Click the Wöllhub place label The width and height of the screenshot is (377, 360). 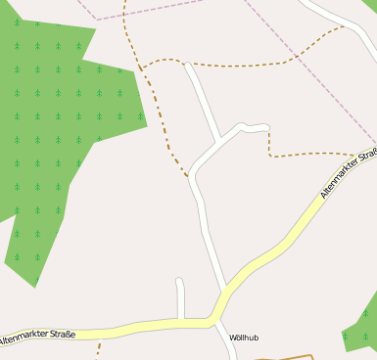243,337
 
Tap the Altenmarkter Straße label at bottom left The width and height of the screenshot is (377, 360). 37,337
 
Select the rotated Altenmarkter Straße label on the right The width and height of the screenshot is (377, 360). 349,172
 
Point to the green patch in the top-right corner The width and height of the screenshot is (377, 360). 370,6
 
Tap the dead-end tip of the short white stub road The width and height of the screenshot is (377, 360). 179,282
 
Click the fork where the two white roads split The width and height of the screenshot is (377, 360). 217,144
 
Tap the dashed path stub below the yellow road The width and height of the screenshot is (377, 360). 99,347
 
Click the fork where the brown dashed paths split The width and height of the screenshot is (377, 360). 141,68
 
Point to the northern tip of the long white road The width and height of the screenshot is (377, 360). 187,66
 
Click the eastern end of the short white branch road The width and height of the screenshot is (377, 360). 266,127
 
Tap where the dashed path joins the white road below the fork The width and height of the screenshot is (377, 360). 189,177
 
